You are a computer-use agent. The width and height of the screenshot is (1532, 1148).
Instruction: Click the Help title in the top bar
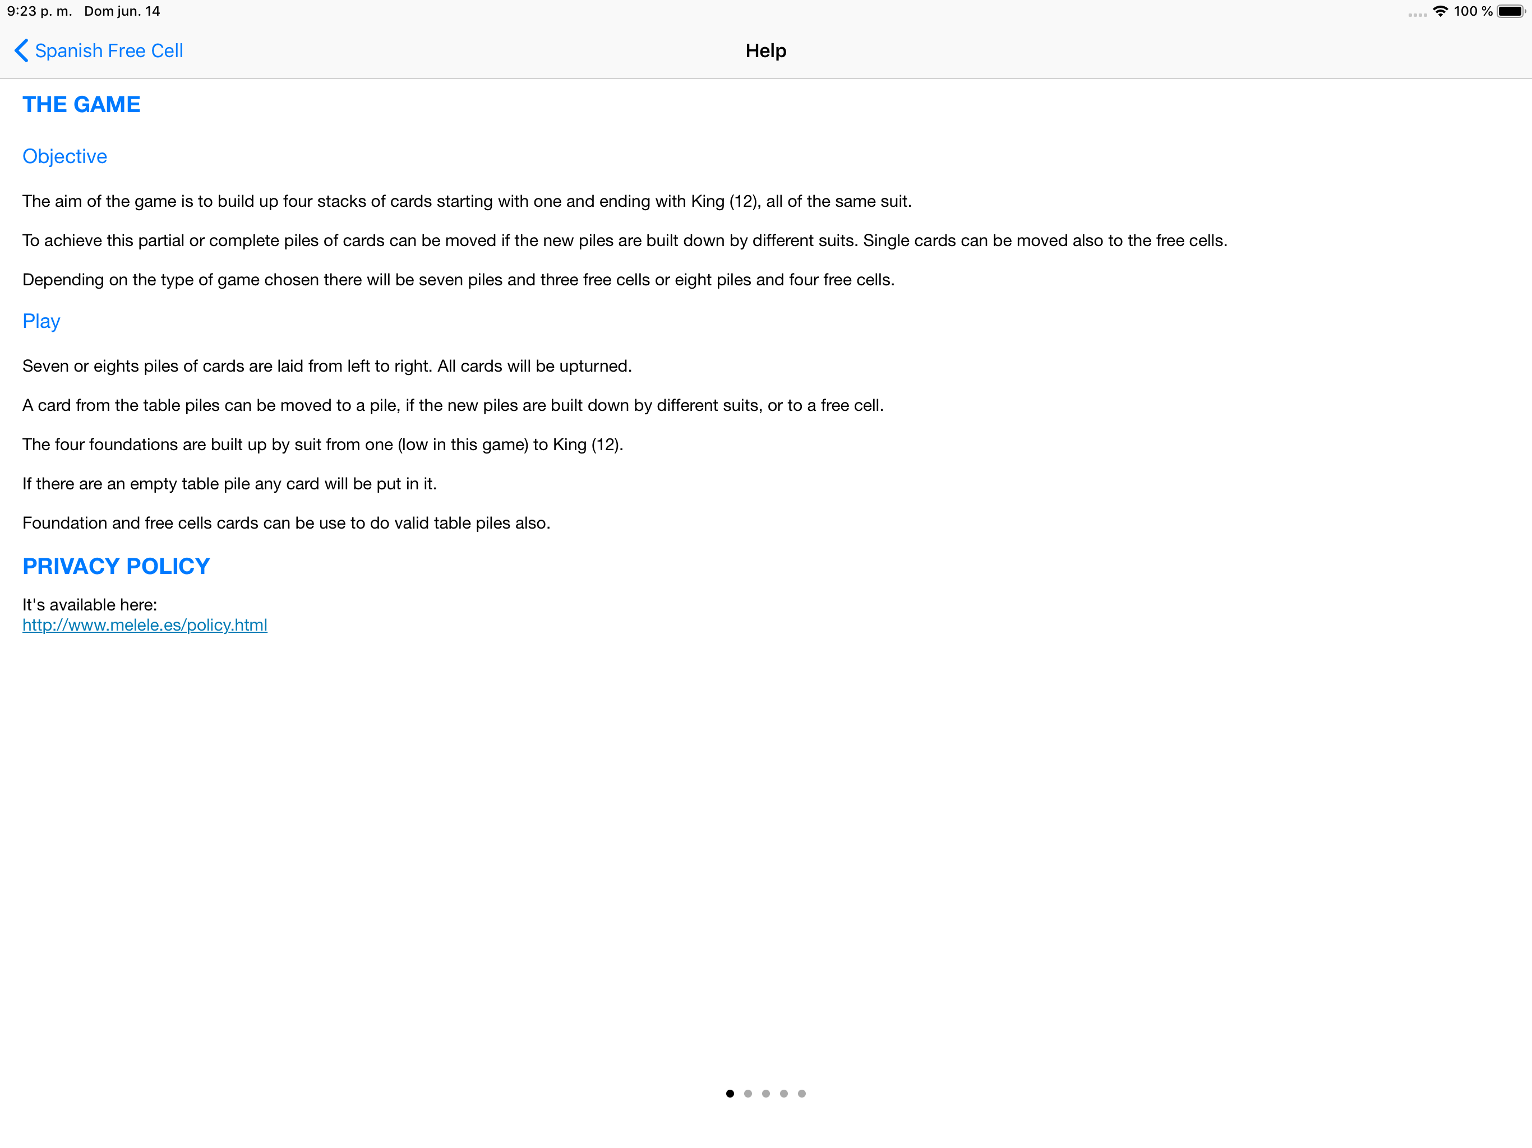click(765, 50)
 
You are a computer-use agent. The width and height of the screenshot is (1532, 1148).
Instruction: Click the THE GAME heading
click(81, 105)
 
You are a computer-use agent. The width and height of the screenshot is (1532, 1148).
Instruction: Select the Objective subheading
click(64, 156)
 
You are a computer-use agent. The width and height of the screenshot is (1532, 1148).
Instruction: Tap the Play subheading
click(41, 321)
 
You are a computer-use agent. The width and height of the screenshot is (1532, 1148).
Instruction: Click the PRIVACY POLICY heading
click(116, 566)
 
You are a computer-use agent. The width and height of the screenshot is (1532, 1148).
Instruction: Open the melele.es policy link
click(145, 625)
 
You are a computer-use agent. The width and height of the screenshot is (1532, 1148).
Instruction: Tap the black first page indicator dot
click(730, 1093)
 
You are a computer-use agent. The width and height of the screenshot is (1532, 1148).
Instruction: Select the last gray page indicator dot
click(802, 1093)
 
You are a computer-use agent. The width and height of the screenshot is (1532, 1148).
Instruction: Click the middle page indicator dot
click(766, 1093)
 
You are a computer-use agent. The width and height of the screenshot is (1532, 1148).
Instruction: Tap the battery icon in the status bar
click(1511, 11)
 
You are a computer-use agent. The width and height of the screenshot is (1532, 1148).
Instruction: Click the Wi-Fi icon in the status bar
click(1440, 11)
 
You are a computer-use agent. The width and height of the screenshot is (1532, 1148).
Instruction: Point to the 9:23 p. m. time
click(39, 11)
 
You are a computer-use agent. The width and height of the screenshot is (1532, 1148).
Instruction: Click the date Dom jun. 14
click(122, 11)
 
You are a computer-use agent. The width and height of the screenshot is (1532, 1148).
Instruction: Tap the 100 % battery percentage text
click(1473, 11)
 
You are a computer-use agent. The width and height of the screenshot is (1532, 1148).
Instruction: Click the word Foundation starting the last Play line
click(64, 523)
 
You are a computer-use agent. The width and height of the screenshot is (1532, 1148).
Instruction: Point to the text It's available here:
click(89, 604)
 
